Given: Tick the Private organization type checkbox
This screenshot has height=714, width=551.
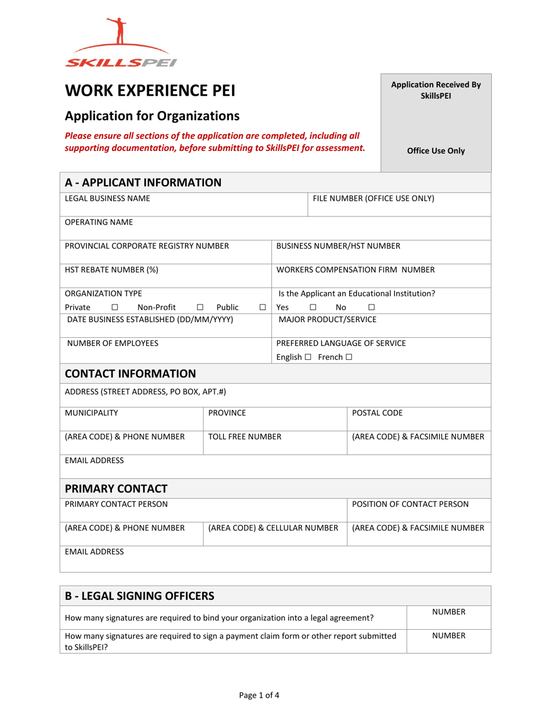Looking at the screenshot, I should point(114,307).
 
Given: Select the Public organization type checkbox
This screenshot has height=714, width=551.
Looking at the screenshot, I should point(263,307).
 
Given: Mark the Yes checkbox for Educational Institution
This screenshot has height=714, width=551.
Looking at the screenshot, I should point(313,307).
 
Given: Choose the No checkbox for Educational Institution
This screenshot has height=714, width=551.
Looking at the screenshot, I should point(372,307).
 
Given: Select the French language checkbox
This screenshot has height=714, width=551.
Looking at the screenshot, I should point(349,357).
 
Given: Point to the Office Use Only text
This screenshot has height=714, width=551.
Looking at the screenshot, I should point(436,151).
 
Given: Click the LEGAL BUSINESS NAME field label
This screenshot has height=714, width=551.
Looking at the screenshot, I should point(107,199).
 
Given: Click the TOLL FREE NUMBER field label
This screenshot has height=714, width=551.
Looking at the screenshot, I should point(245,437).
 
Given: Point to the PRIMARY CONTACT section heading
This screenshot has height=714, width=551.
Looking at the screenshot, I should point(116,488).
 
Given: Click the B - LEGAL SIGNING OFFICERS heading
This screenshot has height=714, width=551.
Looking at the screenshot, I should point(139,596).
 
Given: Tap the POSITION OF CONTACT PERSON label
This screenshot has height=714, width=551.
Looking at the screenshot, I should point(410,504).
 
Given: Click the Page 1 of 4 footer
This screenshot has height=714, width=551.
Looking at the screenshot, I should point(275,695).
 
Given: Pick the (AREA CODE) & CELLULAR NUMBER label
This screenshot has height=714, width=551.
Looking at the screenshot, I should point(273,528).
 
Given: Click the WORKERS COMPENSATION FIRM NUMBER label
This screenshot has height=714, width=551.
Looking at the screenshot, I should point(356,269).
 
